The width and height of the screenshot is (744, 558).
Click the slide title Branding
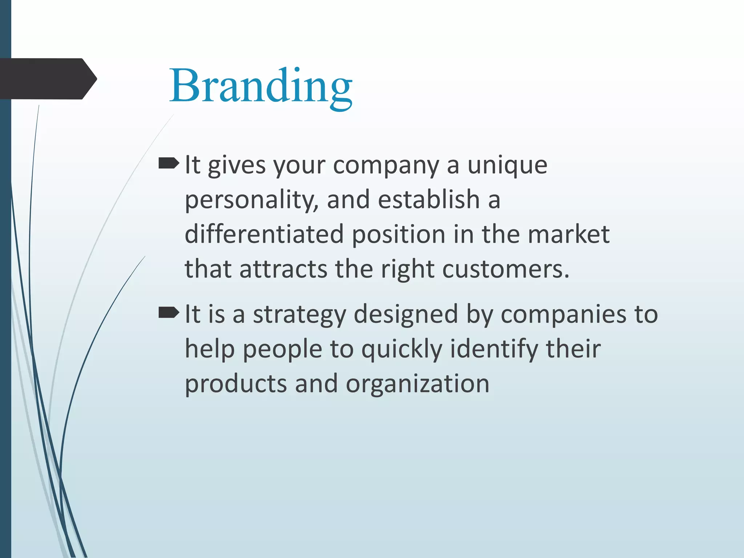tap(261, 86)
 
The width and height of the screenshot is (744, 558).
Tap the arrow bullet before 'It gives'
tap(169, 164)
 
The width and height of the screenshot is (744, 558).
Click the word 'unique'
tap(507, 166)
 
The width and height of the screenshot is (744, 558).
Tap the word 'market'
tap(569, 234)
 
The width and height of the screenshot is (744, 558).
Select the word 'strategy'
tap(299, 315)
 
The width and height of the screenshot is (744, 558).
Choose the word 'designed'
tap(406, 315)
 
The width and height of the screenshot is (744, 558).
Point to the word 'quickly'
tap(402, 349)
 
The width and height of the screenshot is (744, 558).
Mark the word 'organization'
tap(417, 384)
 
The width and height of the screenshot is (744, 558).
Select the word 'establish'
tap(429, 200)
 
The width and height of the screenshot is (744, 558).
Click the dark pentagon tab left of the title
tap(47, 79)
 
